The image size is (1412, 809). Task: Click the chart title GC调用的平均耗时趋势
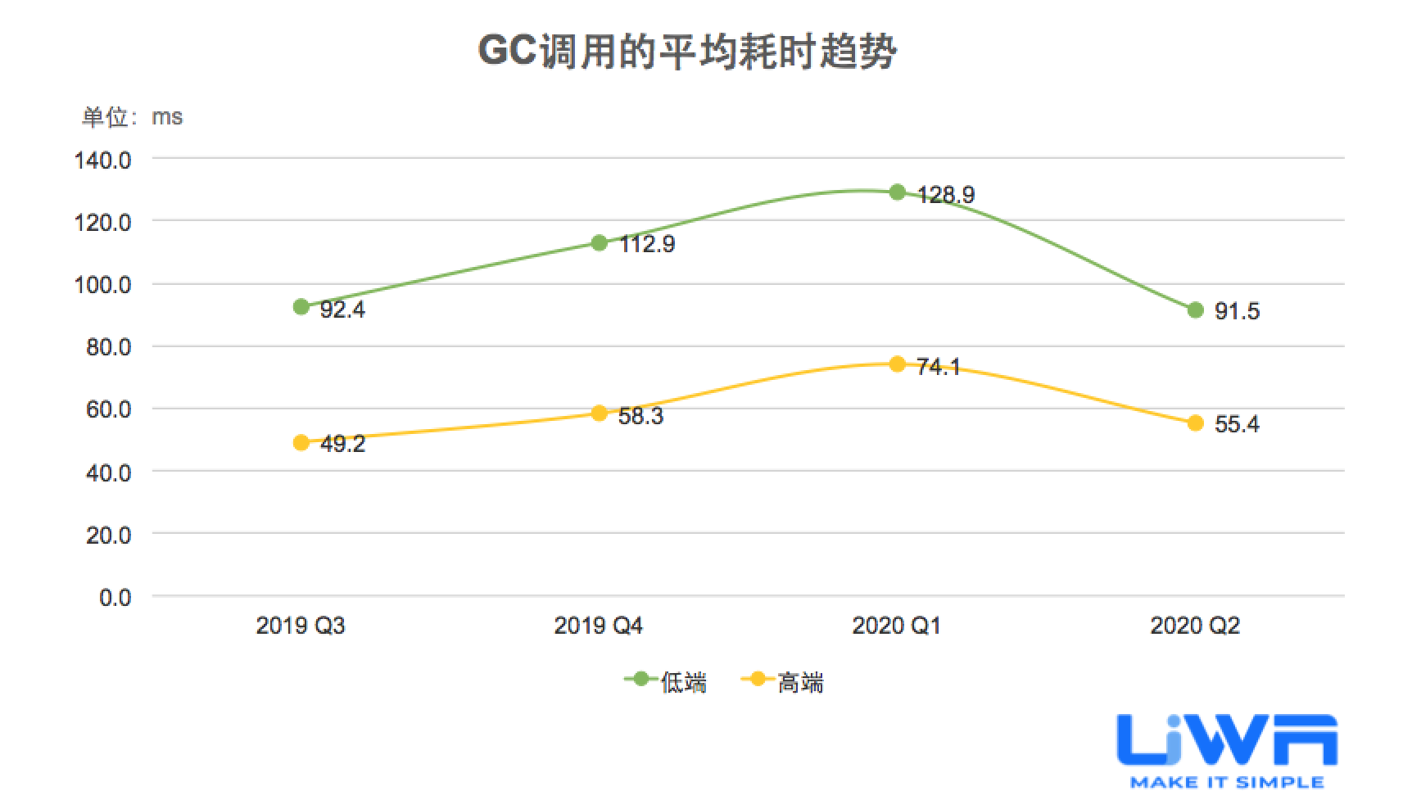(x=687, y=52)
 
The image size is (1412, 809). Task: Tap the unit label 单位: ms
(x=132, y=117)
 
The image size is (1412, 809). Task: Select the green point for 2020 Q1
(x=897, y=192)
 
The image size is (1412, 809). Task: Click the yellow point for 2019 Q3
(x=301, y=443)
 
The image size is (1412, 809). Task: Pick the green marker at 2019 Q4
(x=599, y=242)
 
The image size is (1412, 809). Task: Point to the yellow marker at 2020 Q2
(x=1195, y=423)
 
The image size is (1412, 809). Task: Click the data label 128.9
(x=946, y=195)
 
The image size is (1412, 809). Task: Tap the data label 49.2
(x=342, y=445)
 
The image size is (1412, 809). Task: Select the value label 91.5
(x=1237, y=311)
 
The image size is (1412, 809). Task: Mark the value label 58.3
(x=641, y=416)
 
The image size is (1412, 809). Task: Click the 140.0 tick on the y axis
(x=102, y=160)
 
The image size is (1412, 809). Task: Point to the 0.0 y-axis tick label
(x=115, y=598)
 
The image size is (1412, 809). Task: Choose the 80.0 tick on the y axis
(x=108, y=347)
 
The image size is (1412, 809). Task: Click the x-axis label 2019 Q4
(x=598, y=626)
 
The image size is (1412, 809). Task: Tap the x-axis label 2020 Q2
(x=1195, y=626)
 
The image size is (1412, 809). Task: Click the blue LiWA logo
(x=1226, y=741)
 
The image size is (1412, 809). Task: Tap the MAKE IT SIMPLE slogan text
(x=1226, y=783)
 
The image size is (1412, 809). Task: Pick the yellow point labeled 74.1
(x=897, y=364)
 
